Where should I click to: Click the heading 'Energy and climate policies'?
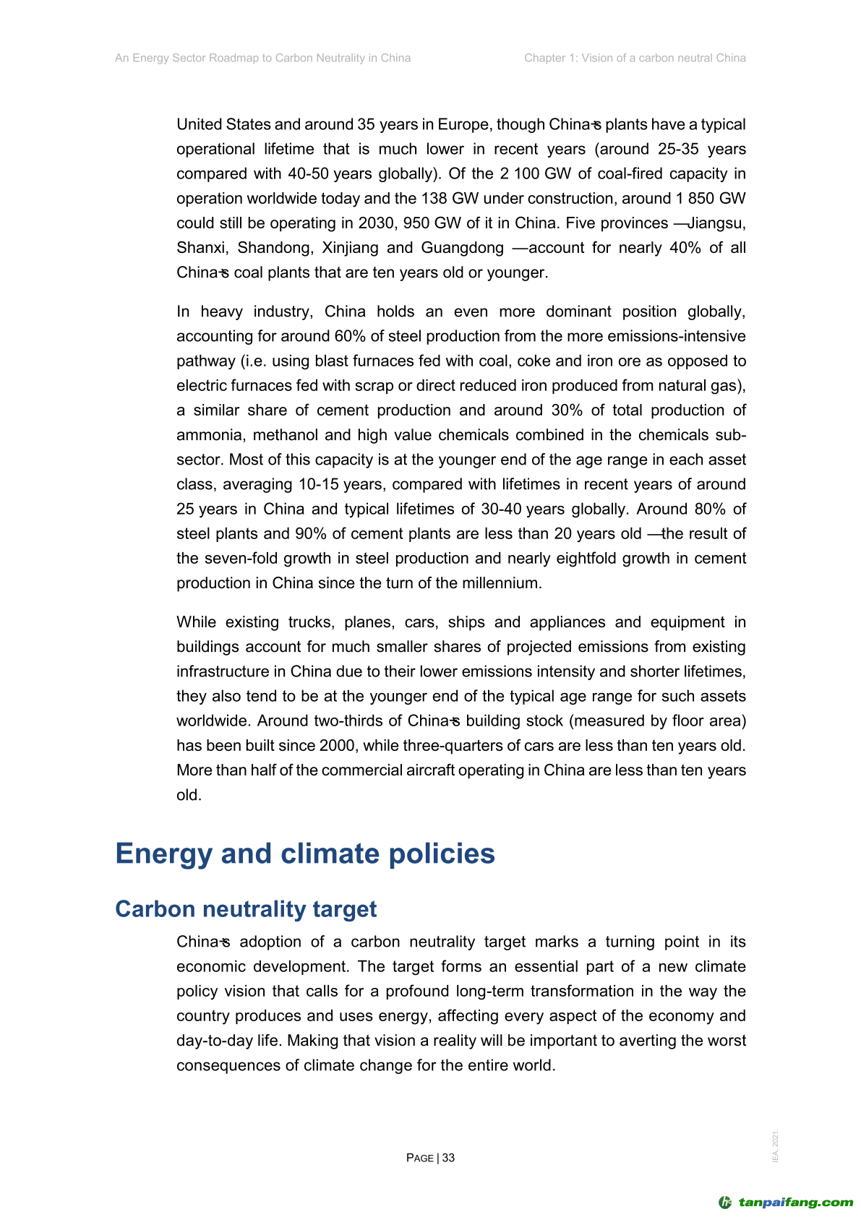[304, 853]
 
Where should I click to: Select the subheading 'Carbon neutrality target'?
[246, 909]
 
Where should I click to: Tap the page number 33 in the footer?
[448, 1158]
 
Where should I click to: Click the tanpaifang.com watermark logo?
[786, 1203]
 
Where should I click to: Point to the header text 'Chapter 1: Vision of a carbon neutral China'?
[635, 58]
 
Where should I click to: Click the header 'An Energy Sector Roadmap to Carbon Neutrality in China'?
[262, 58]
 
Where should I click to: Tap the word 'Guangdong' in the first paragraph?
[462, 248]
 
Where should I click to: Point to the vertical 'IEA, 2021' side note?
[776, 1146]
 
